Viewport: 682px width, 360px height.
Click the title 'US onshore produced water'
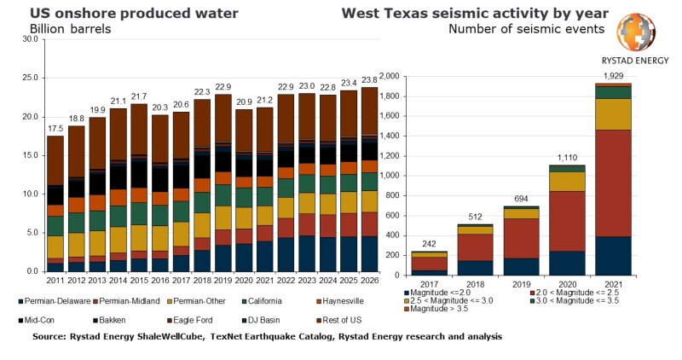122,13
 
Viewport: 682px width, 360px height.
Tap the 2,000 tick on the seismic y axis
388,77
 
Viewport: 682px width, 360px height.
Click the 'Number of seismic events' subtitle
528,28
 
